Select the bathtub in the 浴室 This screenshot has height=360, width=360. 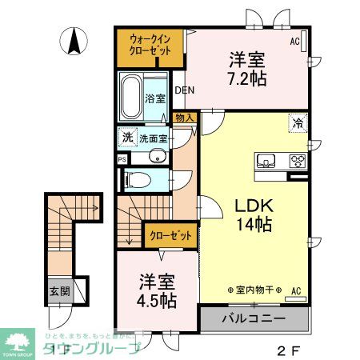tap(131, 95)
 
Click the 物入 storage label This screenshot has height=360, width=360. tap(184, 118)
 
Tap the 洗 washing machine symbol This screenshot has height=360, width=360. tap(127, 137)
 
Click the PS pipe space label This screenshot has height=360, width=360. tap(122, 159)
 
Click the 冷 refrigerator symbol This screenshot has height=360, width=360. tap(297, 124)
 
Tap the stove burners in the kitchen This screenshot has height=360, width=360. tap(298, 161)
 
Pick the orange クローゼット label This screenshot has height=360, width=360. tap(170, 235)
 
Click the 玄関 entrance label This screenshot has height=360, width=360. tap(58, 291)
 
